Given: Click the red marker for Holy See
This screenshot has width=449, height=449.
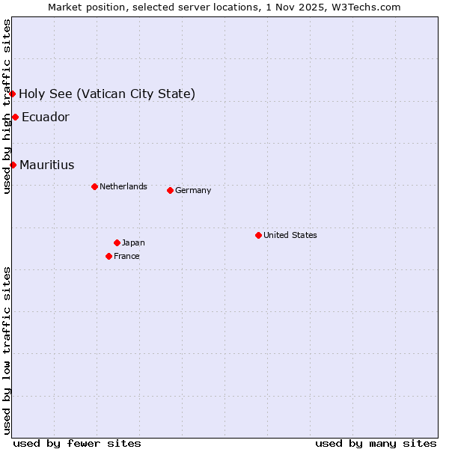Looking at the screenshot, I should (13, 94).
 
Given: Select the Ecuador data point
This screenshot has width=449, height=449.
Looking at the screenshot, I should (15, 117).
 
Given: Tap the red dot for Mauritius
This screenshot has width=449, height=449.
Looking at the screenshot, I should (13, 165).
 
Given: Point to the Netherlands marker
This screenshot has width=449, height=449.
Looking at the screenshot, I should (94, 186).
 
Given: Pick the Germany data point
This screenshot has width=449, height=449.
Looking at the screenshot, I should (170, 190).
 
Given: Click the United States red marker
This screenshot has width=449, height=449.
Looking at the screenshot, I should (258, 235).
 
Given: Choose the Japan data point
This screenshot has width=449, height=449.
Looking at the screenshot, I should (117, 242).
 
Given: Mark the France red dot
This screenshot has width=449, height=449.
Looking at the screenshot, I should (109, 256).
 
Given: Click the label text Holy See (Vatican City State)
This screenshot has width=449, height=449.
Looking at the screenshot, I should (107, 94).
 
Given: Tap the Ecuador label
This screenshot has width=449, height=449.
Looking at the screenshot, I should (46, 117).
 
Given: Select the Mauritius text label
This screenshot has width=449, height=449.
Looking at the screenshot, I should (47, 165).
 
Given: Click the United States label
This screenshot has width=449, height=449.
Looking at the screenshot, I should (290, 235).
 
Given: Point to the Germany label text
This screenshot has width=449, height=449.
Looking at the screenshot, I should (193, 190).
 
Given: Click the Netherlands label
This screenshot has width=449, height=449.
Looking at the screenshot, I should (123, 186).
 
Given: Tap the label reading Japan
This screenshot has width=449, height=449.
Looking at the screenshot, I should (133, 242).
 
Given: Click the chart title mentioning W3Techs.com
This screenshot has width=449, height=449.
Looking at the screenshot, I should (224, 7).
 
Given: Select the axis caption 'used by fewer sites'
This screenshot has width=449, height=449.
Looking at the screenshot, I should (77, 443).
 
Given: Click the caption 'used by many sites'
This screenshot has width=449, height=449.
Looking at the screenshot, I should (376, 443).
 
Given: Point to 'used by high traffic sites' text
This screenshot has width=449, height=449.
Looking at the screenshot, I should (7, 106).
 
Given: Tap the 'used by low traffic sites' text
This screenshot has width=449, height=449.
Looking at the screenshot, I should (7, 350).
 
